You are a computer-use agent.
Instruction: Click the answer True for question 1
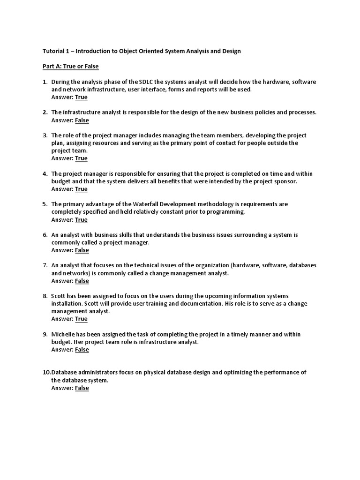[x=81, y=97]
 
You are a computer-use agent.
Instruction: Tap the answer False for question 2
[x=82, y=120]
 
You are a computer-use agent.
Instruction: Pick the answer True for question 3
[x=81, y=158]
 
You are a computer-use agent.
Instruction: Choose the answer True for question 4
[x=81, y=189]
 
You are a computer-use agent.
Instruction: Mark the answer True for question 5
[x=81, y=219]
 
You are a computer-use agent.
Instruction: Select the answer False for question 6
[x=82, y=250]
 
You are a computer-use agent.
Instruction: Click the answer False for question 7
[x=82, y=281]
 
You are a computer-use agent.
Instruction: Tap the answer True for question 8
[x=81, y=319]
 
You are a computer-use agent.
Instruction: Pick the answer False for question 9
[x=82, y=349]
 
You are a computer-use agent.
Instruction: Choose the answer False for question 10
[x=82, y=388]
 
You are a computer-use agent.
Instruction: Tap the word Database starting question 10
[x=65, y=372]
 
